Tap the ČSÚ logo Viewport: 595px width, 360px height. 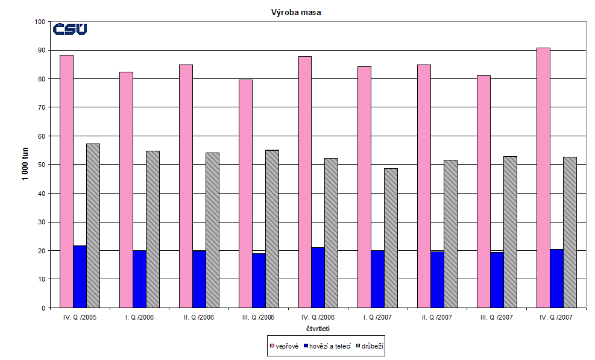coord(70,29)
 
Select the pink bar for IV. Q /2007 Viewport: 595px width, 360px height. coord(543,178)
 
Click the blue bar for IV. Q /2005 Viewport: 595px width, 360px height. coord(80,277)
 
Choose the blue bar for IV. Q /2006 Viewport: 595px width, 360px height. coord(318,277)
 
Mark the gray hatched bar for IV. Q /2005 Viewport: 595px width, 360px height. coord(93,226)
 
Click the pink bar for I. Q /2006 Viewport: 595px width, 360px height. coord(126,190)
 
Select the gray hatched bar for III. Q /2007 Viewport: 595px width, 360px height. coord(510,232)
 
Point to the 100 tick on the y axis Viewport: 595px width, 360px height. coord(40,22)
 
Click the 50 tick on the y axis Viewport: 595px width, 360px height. coord(42,165)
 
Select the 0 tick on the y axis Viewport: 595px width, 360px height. coord(43,308)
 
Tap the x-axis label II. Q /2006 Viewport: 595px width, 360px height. coord(199,317)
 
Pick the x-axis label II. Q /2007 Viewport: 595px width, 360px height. coord(437,317)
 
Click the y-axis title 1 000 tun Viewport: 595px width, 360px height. coord(27,164)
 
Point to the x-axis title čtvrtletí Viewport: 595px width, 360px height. coord(318,329)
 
